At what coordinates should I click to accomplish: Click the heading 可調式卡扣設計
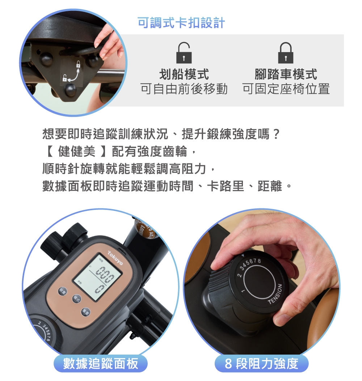click(x=181, y=23)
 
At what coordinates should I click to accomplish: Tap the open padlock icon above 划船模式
click(x=184, y=53)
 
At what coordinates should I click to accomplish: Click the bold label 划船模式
click(x=184, y=75)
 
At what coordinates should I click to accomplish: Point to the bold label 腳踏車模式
click(x=286, y=75)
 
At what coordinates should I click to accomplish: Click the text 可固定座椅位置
click(x=286, y=89)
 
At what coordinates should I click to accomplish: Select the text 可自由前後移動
click(x=184, y=89)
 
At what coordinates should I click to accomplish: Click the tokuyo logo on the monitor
click(x=115, y=258)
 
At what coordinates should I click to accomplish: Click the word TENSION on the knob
click(x=275, y=294)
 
